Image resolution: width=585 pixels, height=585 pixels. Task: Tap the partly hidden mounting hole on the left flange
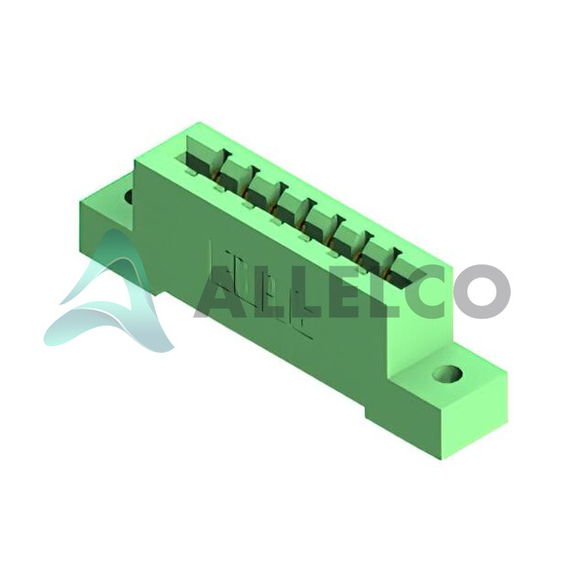click(129, 196)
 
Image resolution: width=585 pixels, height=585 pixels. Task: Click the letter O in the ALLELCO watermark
click(482, 292)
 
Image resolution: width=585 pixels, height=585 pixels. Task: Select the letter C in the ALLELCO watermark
click(428, 292)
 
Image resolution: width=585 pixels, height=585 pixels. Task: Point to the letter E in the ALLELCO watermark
click(336, 292)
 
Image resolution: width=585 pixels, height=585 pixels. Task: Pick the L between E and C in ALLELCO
click(375, 292)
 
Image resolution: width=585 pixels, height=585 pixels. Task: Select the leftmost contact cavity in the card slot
click(202, 154)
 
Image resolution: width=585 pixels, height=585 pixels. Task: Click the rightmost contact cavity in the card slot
click(405, 273)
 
